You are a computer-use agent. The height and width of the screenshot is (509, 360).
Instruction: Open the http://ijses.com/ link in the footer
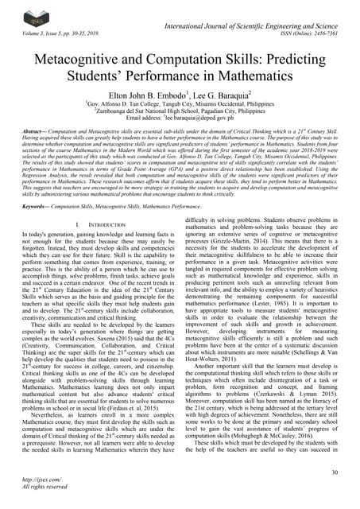[37, 491]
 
